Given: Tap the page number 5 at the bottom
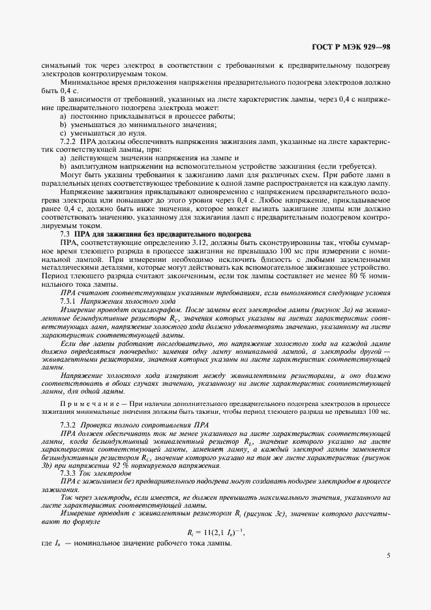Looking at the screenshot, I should [388, 556].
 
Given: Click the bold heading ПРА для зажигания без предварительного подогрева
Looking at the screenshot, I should [158, 233].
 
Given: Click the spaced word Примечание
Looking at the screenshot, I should [92, 403].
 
